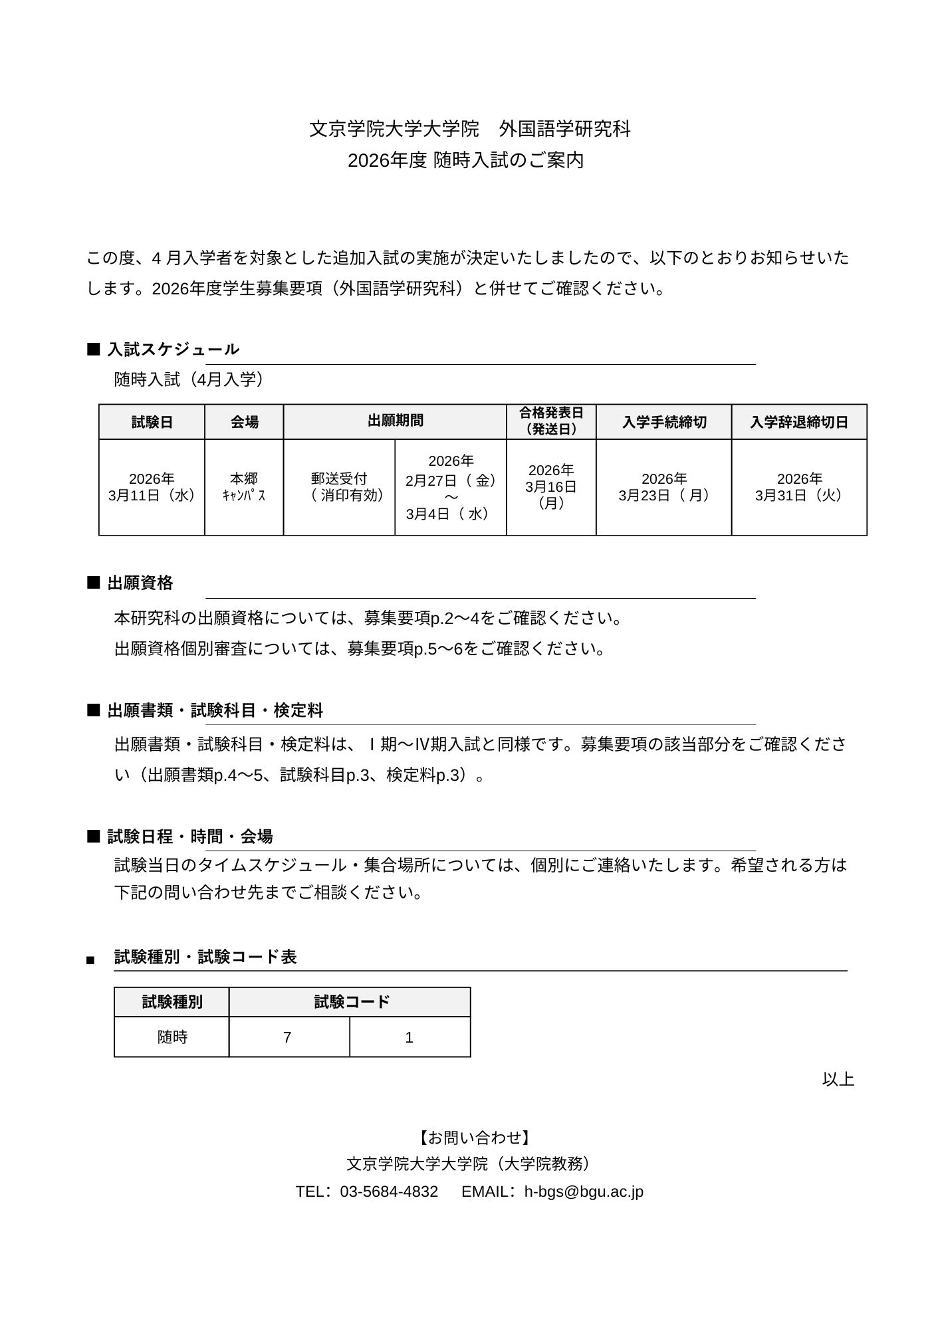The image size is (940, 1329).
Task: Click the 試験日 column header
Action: tap(152, 422)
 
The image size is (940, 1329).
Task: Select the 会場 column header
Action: tap(244, 422)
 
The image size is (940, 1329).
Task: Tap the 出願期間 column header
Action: tap(395, 421)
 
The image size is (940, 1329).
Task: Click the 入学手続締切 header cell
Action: tap(663, 422)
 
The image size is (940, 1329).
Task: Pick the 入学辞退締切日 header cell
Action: tap(799, 422)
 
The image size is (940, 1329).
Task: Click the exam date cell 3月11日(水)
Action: tap(152, 487)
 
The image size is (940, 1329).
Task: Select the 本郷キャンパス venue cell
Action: tap(244, 487)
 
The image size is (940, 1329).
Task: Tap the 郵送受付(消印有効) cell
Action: tap(339, 487)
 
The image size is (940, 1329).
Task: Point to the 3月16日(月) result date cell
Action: tap(551, 487)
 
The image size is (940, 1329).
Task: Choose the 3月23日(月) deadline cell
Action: tap(663, 487)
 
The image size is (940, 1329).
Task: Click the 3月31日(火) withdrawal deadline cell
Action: tap(799, 487)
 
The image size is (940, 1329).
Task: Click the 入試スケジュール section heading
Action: tap(173, 350)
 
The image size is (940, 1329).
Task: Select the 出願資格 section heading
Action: tap(140, 583)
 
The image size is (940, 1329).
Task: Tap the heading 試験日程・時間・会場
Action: tap(190, 837)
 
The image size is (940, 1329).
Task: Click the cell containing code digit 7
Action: tap(287, 1037)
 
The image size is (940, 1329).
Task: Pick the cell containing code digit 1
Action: tap(410, 1037)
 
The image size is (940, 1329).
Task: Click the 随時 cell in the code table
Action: tap(172, 1037)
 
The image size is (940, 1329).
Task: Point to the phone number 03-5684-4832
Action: tap(389, 1191)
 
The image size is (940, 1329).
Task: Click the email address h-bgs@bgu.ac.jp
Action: tap(584, 1191)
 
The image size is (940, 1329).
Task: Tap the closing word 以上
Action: tap(838, 1079)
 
